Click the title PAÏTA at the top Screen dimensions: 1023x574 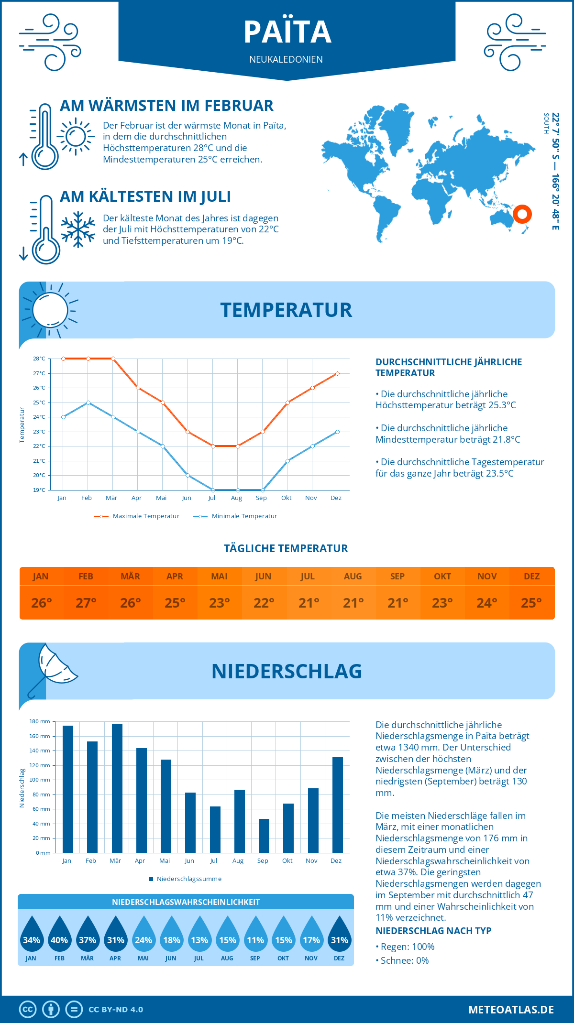coord(287,32)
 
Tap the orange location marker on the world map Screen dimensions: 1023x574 coord(522,214)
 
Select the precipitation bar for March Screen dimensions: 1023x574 coord(117,789)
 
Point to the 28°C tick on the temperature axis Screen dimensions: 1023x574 coord(39,359)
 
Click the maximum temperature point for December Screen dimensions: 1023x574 coord(337,373)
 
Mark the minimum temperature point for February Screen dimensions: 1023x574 coord(88,403)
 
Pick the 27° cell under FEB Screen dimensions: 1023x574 coord(86,603)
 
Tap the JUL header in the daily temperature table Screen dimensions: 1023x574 coord(308,577)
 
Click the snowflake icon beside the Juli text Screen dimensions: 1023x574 coord(78,229)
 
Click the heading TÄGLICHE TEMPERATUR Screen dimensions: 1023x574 coord(286,548)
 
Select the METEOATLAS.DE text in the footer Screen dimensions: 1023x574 coord(511,1010)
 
